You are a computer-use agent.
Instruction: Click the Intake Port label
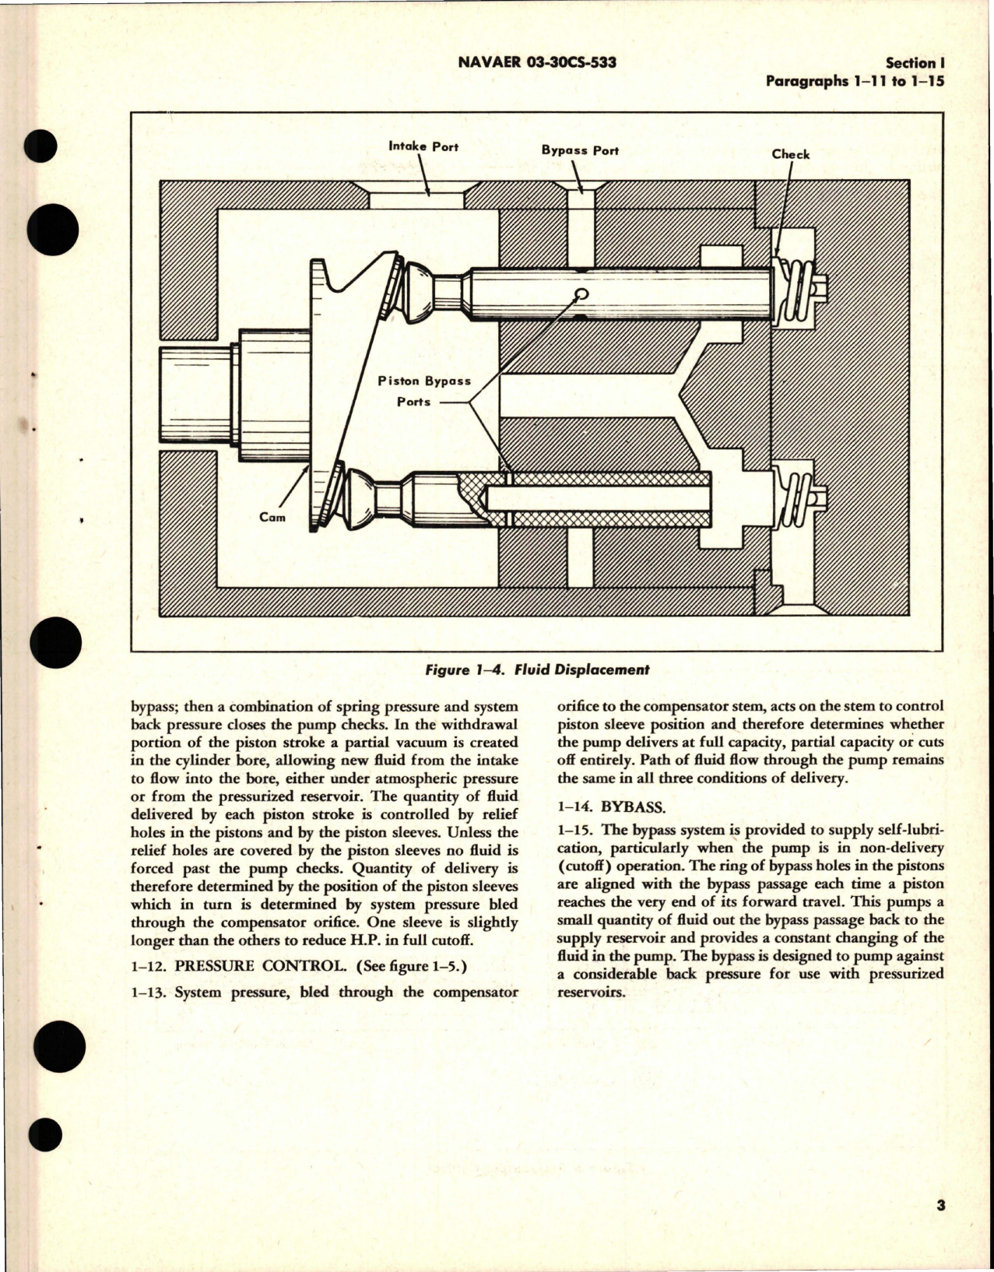pos(423,146)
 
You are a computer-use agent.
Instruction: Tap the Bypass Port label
pos(580,149)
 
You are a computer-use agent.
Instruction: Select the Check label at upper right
pos(790,154)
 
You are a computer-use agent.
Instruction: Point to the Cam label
pos(272,516)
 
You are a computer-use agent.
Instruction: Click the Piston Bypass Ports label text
pos(423,391)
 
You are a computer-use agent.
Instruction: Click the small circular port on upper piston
pos(579,294)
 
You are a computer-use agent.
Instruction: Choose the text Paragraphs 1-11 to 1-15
pos(855,81)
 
